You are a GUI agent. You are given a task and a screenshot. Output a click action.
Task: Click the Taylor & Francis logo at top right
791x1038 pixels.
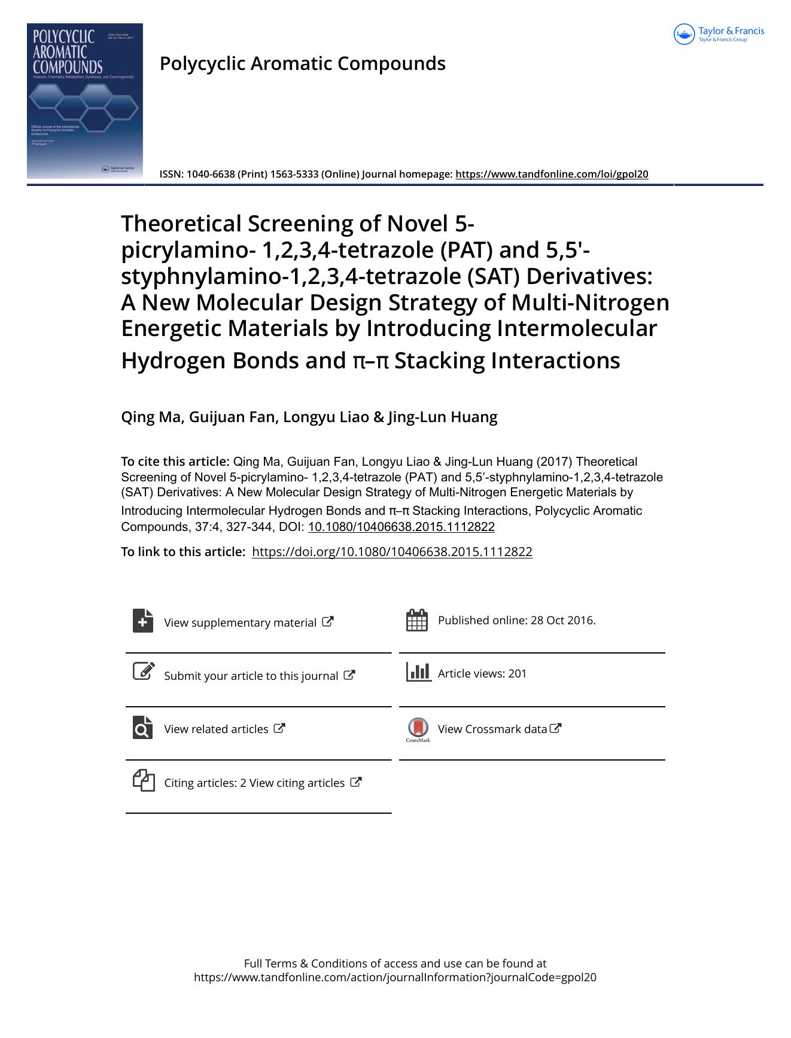[719, 34]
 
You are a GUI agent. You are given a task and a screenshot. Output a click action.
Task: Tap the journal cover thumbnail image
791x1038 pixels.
[85, 100]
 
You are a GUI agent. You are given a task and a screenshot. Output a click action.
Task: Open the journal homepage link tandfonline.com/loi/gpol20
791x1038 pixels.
[552, 175]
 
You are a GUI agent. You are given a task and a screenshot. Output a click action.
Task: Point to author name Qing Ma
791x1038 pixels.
[151, 417]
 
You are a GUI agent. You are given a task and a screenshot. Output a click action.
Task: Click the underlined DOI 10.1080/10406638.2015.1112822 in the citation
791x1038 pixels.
[401, 527]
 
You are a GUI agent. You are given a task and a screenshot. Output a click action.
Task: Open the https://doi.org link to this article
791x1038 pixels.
[392, 552]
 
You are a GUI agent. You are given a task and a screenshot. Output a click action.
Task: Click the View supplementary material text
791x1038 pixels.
[240, 622]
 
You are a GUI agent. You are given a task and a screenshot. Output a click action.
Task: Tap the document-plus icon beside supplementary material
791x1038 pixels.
[143, 621]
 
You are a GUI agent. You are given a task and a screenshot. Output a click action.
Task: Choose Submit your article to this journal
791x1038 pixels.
[251, 676]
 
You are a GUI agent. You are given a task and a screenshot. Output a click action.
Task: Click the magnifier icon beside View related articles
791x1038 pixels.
[143, 728]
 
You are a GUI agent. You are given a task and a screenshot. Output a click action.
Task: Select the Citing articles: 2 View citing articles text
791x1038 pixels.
[254, 783]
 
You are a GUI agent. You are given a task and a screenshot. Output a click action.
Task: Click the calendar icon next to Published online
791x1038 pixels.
[416, 620]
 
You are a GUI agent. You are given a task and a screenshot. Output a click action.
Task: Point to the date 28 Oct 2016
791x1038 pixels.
[562, 620]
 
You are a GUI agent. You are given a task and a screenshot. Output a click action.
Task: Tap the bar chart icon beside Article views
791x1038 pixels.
[418, 672]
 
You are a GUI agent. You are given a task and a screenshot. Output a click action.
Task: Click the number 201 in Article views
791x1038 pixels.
[518, 673]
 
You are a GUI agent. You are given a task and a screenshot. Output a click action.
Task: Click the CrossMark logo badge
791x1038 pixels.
[418, 728]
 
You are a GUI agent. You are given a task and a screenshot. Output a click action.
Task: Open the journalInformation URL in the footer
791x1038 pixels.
[395, 978]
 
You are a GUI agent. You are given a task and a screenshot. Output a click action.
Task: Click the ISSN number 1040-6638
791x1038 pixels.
[211, 175]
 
